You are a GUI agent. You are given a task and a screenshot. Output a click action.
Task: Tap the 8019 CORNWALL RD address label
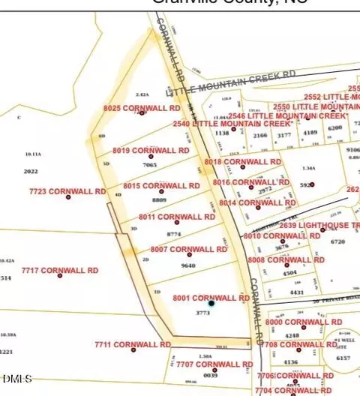(151, 150)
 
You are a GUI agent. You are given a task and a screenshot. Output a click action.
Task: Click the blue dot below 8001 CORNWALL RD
(211, 303)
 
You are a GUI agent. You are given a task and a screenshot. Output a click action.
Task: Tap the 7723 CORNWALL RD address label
(67, 191)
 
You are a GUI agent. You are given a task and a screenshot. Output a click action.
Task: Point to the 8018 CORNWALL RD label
(242, 161)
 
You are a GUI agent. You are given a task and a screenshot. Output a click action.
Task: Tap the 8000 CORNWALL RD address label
(304, 322)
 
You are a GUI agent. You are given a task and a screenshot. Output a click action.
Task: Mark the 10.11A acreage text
(33, 154)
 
